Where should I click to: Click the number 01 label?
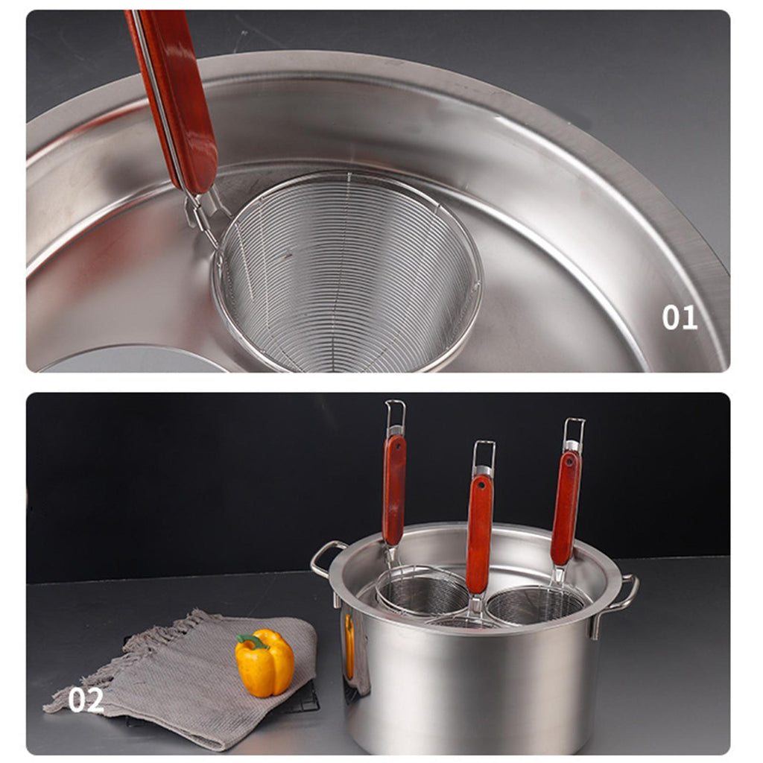click(x=680, y=317)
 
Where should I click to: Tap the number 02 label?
click(x=86, y=700)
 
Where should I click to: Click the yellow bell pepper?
click(x=265, y=662)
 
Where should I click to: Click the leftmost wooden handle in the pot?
click(x=394, y=490)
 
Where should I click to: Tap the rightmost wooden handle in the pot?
click(x=566, y=507)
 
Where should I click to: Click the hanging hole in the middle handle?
click(x=481, y=486)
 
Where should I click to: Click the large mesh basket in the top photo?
click(x=347, y=273)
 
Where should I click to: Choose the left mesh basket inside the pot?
click(x=422, y=590)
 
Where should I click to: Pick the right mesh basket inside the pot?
click(x=535, y=605)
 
